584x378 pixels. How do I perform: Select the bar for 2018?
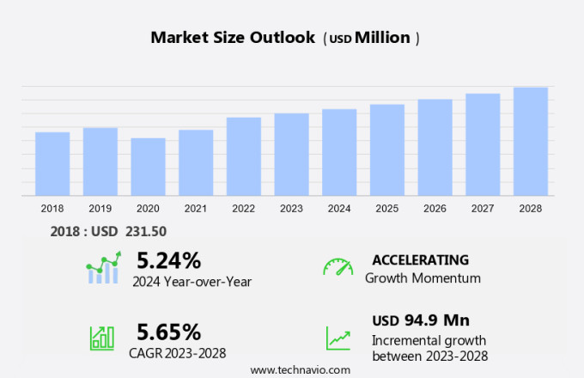[52, 164]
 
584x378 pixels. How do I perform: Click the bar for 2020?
[148, 168]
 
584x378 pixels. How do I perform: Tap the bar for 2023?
[292, 155]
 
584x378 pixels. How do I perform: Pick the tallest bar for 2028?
[531, 142]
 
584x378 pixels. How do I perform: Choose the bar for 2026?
[435, 148]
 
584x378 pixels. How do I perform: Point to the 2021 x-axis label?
[196, 209]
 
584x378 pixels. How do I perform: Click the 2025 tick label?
[387, 209]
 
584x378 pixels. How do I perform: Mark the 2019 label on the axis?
[100, 209]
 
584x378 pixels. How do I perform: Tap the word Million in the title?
[383, 38]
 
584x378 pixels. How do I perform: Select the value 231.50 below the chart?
[146, 231]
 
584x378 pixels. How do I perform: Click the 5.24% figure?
[168, 260]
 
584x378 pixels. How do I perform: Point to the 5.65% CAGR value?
[168, 332]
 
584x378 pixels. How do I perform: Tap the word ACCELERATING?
[420, 259]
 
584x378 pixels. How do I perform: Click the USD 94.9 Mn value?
[420, 320]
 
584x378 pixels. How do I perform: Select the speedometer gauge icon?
[338, 267]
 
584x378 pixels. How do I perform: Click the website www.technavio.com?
[300, 369]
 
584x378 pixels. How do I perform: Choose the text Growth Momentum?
[423, 278]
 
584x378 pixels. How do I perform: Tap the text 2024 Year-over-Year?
[191, 281]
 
